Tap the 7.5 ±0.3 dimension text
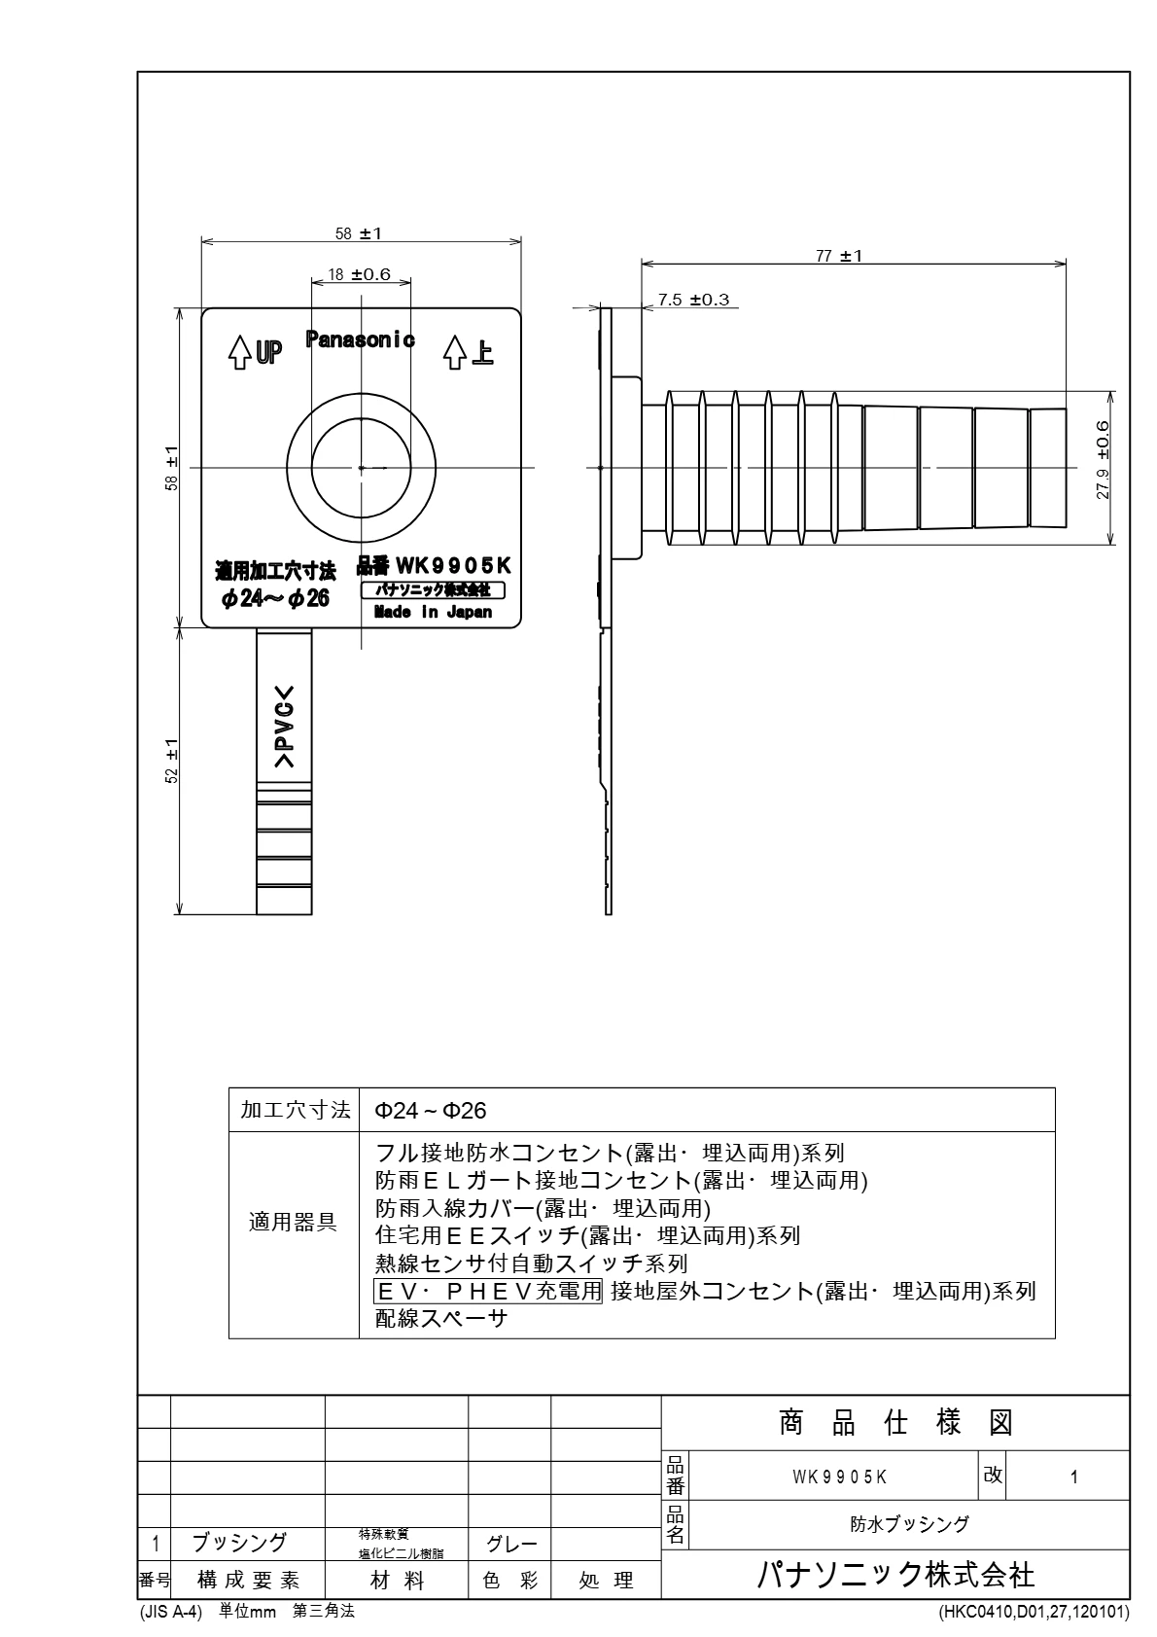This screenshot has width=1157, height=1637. (x=693, y=300)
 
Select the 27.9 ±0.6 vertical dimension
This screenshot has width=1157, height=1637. (x=1103, y=460)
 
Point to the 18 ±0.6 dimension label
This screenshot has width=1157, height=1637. (x=359, y=275)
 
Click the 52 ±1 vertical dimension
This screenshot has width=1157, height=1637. (x=172, y=761)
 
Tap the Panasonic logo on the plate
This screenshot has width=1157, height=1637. (x=361, y=339)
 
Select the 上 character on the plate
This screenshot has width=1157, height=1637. (x=481, y=351)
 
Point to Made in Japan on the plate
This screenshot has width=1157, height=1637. (x=433, y=613)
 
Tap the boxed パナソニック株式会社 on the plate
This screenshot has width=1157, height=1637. (x=433, y=590)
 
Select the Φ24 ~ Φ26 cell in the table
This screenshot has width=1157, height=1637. (x=431, y=1111)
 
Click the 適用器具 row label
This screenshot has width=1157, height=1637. (x=294, y=1223)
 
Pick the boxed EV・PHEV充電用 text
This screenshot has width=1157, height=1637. (x=489, y=1291)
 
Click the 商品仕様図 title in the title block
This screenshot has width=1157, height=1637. (x=895, y=1424)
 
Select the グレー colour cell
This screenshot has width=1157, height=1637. (x=510, y=1544)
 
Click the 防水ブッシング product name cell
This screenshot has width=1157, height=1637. (x=909, y=1524)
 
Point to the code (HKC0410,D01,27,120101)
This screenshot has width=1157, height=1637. (x=1034, y=1612)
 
